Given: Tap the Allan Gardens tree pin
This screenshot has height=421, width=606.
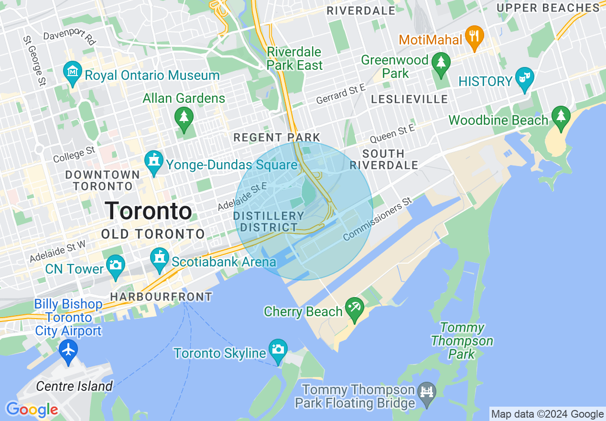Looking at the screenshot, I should coord(184,118).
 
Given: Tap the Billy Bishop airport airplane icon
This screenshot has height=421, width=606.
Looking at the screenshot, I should coord(69,350).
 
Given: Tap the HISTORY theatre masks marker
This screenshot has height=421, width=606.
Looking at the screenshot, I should coord(525,79).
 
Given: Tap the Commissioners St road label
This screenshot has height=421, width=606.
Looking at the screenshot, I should coord(377,220).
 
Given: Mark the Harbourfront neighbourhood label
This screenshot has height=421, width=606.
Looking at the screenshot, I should coord(161,297).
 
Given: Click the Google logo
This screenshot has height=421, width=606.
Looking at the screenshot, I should coord(32,410).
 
